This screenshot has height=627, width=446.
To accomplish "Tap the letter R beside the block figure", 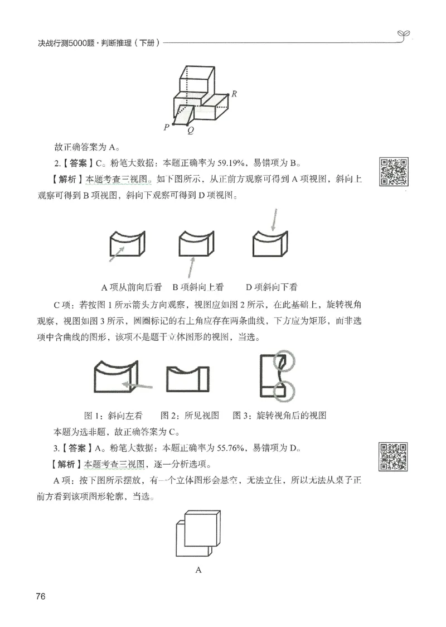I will pos(235,94).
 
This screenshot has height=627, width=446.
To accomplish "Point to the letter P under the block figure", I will pos(166,127).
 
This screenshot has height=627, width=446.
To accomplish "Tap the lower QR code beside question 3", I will pos(394,456).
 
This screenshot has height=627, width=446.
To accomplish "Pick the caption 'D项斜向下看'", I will pos(271,287).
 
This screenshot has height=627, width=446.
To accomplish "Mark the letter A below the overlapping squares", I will pos(198,570).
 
